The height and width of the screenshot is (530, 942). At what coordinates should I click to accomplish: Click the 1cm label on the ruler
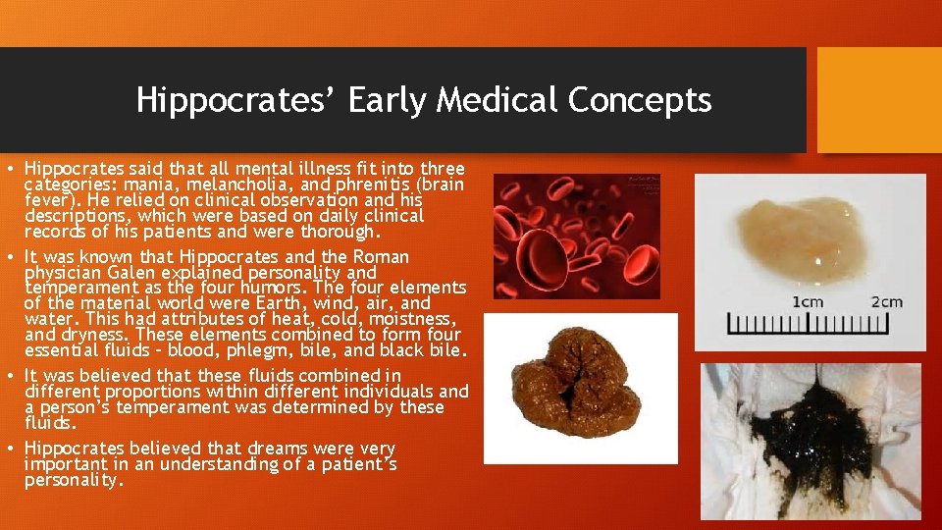807,301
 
